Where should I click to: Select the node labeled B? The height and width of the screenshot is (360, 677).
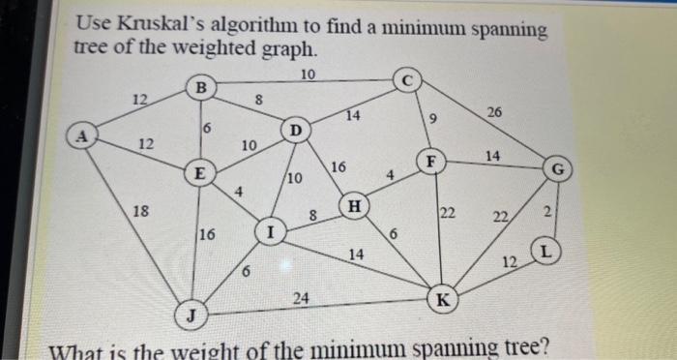click(201, 87)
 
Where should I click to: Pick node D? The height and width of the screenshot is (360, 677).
click(296, 130)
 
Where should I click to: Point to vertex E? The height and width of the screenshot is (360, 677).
click(199, 175)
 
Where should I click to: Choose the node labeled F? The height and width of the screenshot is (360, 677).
click(430, 160)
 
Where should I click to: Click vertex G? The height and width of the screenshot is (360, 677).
click(558, 168)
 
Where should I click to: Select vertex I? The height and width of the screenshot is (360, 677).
click(271, 231)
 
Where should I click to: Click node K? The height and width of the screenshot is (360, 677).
click(441, 298)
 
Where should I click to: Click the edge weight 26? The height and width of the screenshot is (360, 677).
click(494, 113)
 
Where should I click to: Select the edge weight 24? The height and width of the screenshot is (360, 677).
click(301, 299)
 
